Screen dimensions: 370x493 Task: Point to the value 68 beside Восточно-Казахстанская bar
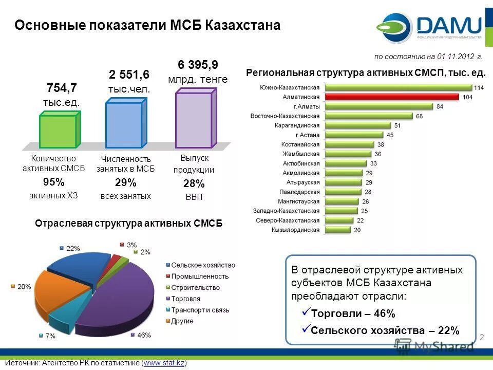pyautogui.click(x=420, y=116)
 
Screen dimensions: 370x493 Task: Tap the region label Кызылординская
pyautogui.click(x=295, y=230)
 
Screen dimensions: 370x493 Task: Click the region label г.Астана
pyautogui.click(x=307, y=135)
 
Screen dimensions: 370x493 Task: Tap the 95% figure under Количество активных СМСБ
pyautogui.click(x=54, y=182)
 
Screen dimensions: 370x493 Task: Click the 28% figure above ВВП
pyautogui.click(x=194, y=184)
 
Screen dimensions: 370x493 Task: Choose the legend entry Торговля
pyautogui.click(x=186, y=299)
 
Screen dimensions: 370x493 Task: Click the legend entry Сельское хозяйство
pyautogui.click(x=203, y=265)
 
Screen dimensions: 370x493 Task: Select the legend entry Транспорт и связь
pyautogui.click(x=200, y=310)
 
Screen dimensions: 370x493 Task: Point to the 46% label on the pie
pyautogui.click(x=144, y=335)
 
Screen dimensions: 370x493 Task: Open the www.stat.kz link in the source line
pyautogui.click(x=165, y=363)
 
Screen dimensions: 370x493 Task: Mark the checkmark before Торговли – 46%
pyautogui.click(x=305, y=312)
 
